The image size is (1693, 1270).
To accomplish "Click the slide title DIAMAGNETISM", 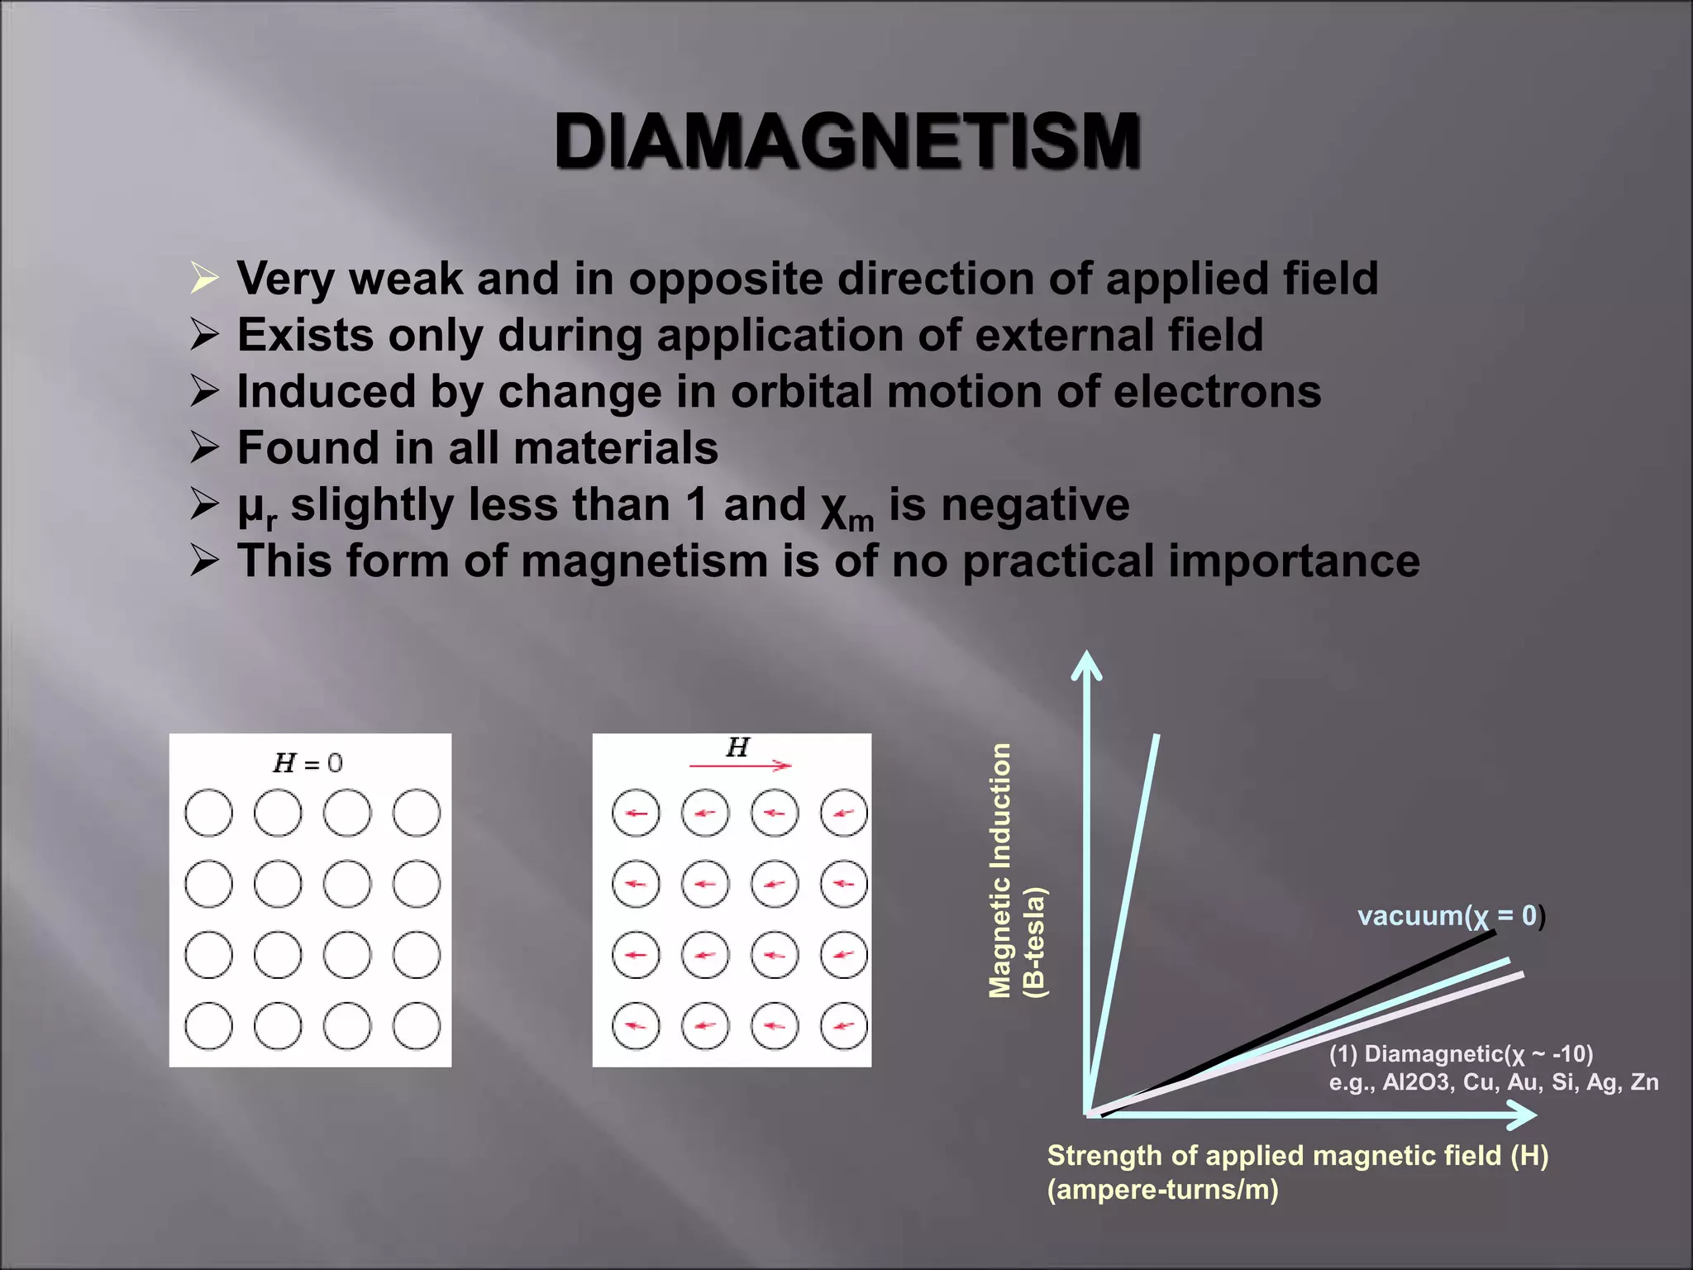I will (x=846, y=141).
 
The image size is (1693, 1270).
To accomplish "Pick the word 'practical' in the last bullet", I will (x=1058, y=561).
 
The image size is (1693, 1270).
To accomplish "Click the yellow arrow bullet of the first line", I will (x=203, y=278).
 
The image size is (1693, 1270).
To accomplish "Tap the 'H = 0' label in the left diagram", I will (x=308, y=762).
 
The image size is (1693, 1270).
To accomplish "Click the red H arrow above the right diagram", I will (x=740, y=766).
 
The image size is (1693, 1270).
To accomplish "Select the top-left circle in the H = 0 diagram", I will (x=208, y=813).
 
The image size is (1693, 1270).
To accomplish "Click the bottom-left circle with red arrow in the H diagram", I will (x=636, y=1026).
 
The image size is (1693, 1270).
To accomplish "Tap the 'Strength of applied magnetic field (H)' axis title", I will (x=1297, y=1156).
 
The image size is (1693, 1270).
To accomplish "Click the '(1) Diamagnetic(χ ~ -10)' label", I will (x=1461, y=1054).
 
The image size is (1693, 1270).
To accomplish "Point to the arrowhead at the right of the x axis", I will (x=1523, y=1115).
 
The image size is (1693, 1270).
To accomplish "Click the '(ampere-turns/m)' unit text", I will (x=1162, y=1190).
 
